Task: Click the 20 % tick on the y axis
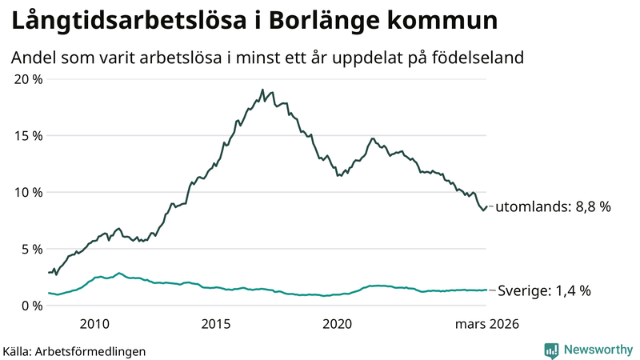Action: pyautogui.click(x=27, y=78)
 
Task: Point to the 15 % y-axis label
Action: pyautogui.click(x=27, y=135)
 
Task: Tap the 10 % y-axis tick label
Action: pyautogui.click(x=27, y=192)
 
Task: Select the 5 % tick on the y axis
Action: pyautogui.click(x=30, y=249)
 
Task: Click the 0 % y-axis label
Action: pyautogui.click(x=30, y=306)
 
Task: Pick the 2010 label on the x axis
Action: pyautogui.click(x=94, y=324)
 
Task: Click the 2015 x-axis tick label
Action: pyautogui.click(x=216, y=324)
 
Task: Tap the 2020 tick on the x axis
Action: pyautogui.click(x=337, y=324)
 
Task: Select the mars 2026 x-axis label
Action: pyautogui.click(x=487, y=324)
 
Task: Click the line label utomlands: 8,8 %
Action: pyautogui.click(x=553, y=206)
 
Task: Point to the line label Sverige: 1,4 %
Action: pyautogui.click(x=544, y=291)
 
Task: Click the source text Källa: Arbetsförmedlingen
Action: pyautogui.click(x=74, y=350)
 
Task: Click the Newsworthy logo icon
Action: pyautogui.click(x=551, y=350)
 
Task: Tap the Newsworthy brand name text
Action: pyautogui.click(x=597, y=350)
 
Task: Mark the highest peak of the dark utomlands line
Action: pyautogui.click(x=262, y=90)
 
